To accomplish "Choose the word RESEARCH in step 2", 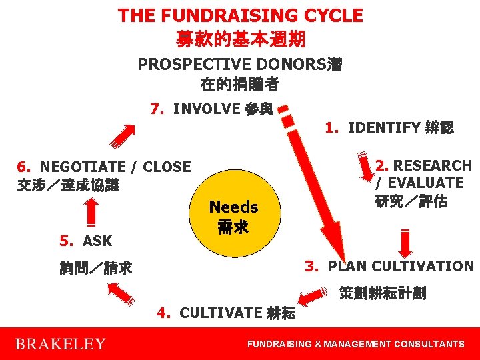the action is [x=431, y=165].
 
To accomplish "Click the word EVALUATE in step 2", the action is [x=427, y=183].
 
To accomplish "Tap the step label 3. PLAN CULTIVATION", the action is [x=389, y=266].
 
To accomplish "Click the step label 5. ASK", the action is [x=86, y=241].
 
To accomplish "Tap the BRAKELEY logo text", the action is [x=60, y=344].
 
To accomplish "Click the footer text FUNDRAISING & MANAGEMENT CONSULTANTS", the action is [x=355, y=344].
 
